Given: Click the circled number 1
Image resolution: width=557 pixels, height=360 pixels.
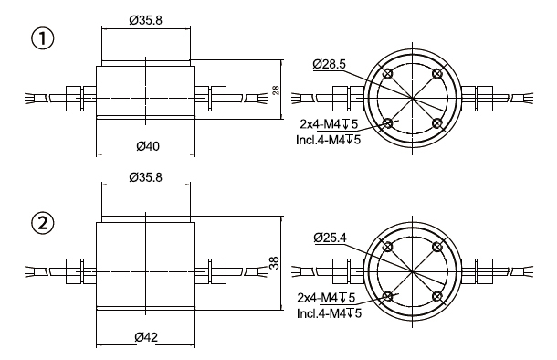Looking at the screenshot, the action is pos(43,38).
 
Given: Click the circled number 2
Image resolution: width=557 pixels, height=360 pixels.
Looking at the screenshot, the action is pos(43,224).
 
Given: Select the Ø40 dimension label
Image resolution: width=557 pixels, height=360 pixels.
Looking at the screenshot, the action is pos(148,146).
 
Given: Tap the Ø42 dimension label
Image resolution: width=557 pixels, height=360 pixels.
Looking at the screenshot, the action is pos(146,337).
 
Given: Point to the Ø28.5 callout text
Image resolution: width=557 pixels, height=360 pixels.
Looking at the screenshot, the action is pos(329,64).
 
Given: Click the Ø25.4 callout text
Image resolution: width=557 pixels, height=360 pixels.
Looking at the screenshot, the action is pos(330,238).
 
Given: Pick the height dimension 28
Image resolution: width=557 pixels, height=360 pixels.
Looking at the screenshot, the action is pos(276,90).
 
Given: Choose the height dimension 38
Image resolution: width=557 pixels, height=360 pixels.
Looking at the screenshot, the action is pos(274,262).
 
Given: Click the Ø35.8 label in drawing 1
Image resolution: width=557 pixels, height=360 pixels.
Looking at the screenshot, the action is pos(146,20).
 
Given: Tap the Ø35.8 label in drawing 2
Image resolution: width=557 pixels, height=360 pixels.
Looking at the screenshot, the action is pos(146,177).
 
